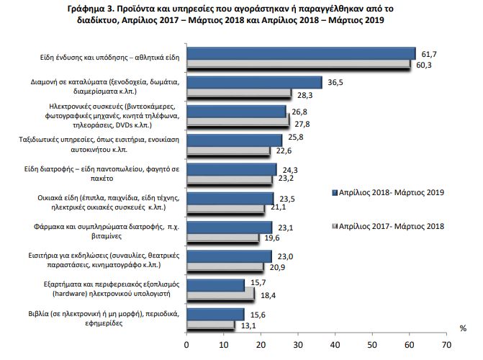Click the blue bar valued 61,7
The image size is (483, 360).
tap(301, 53)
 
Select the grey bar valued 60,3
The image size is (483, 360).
tap(298, 63)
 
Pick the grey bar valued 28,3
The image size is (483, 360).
tap(239, 93)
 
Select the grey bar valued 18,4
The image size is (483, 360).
tap(220, 294)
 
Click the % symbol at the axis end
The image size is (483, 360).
tap(462, 328)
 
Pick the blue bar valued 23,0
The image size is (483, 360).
tap(229, 255)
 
